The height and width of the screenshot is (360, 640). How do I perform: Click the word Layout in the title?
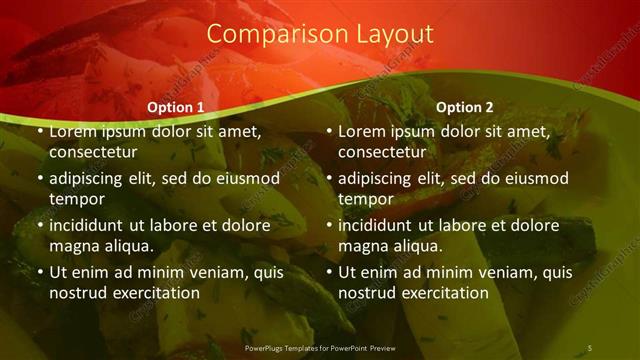tap(396, 34)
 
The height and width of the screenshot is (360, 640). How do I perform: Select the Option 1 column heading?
tap(176, 107)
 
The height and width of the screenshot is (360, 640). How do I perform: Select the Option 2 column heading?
tap(465, 107)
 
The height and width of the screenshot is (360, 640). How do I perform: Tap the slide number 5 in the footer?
tap(589, 347)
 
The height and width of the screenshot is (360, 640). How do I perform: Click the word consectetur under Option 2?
tap(381, 152)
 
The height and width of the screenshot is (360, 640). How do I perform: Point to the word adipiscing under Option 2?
tap(379, 178)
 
